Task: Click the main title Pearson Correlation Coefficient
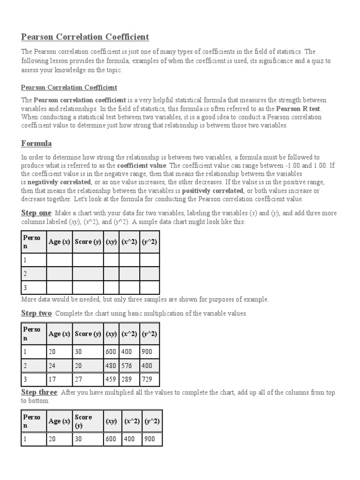point(85,37)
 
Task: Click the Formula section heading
point(36,143)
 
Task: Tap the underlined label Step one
point(36,213)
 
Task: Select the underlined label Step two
point(36,313)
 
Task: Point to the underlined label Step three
point(39,392)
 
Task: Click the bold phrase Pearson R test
point(298,109)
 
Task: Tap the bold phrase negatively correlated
point(59,182)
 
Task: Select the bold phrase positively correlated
point(206,191)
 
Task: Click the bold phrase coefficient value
point(141,165)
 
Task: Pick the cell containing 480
point(111,366)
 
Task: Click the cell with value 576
point(129,366)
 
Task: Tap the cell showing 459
point(111,380)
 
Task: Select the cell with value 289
point(129,380)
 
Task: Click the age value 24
point(52,366)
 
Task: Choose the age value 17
point(52,380)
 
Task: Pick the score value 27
point(79,380)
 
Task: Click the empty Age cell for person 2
point(59,273)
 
